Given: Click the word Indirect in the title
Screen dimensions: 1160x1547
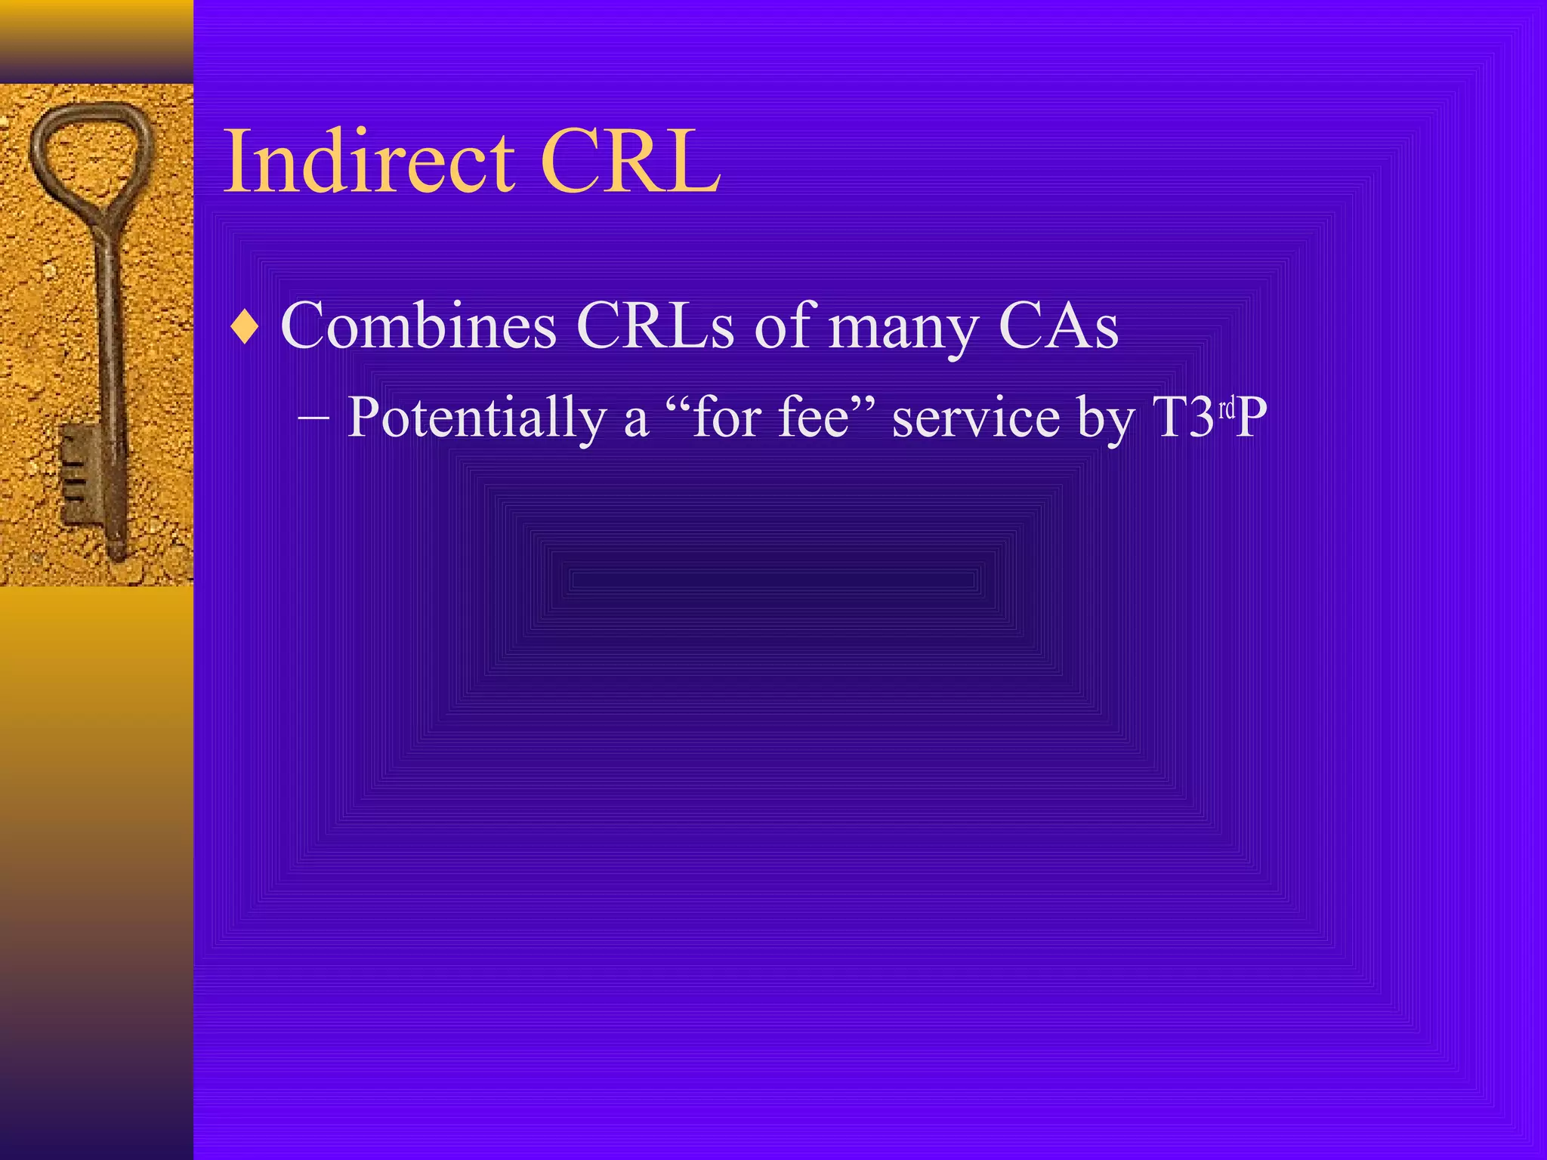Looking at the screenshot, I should click(369, 161).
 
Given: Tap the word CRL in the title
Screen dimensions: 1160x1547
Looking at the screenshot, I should click(630, 161).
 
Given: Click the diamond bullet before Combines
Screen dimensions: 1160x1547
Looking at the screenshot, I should click(245, 327).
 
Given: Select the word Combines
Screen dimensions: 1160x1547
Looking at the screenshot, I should click(418, 326).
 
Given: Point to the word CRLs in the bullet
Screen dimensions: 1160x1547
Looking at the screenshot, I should click(655, 326).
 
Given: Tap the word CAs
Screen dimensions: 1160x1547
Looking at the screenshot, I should click(1058, 326).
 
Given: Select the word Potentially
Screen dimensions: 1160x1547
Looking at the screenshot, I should click(476, 418).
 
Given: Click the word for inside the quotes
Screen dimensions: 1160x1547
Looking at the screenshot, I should click(725, 418).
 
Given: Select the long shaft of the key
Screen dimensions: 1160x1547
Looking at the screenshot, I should click(108, 340).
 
